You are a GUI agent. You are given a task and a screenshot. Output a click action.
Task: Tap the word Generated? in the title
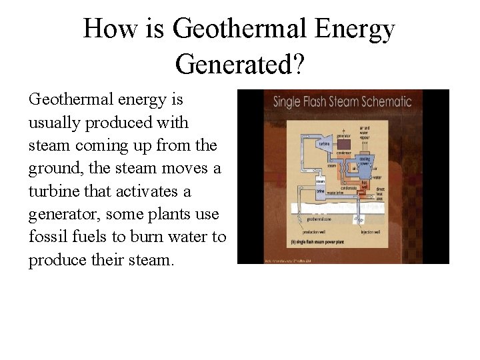click(x=239, y=65)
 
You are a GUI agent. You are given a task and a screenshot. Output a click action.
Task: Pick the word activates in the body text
click(x=147, y=191)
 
